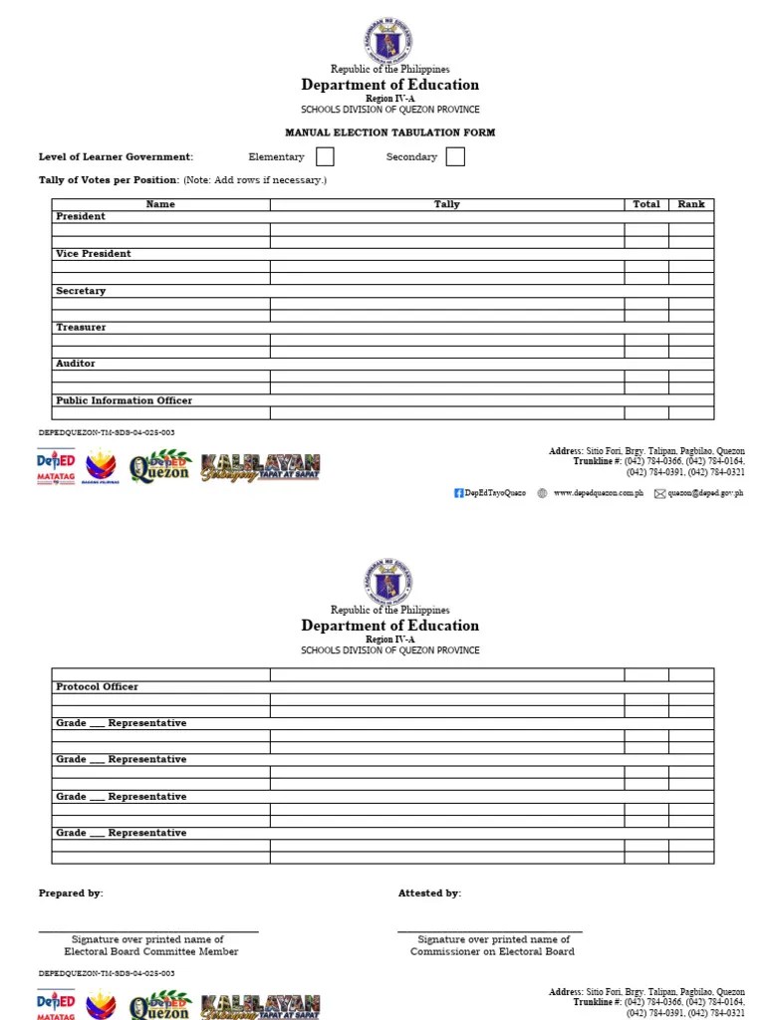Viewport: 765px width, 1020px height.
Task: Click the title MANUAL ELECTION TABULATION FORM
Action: tap(389, 132)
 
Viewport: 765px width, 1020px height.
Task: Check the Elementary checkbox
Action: tap(325, 156)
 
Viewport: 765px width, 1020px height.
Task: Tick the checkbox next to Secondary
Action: tap(455, 156)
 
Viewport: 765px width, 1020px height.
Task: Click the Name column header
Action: tap(160, 204)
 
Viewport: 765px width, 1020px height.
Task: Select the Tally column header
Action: tap(447, 204)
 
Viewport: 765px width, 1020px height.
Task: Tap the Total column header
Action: tap(646, 204)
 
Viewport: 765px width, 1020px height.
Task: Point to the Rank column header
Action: tap(691, 204)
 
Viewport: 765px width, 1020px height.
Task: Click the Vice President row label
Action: tap(94, 254)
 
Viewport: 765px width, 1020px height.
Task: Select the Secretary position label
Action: tap(81, 291)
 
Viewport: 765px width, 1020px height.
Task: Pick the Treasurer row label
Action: tap(81, 328)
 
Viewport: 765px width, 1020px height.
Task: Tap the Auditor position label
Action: tap(76, 365)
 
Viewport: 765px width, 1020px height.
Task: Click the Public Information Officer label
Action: tap(124, 400)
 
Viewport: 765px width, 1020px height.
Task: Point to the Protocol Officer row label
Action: tap(97, 687)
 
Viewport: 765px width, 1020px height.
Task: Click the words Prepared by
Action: tap(71, 893)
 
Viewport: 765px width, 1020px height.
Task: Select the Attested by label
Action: tap(429, 893)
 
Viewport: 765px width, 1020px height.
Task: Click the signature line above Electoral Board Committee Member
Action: tap(148, 931)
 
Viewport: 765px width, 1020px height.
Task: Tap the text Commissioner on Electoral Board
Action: tap(492, 952)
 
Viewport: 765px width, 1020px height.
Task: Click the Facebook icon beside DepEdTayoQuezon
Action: tap(459, 493)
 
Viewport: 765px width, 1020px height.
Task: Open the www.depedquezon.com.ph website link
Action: tap(598, 493)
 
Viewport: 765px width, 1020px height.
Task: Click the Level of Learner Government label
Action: tap(116, 157)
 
